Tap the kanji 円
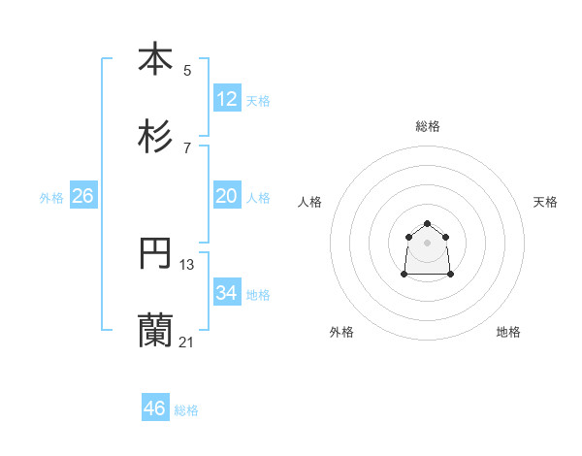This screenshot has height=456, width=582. [155, 254]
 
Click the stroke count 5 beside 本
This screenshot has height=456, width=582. [187, 70]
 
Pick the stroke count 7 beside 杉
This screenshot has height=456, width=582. [187, 148]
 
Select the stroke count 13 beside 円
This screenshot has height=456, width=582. [187, 265]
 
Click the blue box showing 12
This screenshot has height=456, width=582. [227, 99]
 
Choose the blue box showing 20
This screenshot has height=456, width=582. [227, 196]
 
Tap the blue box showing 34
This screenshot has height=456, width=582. [227, 293]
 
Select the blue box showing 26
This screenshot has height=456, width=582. [82, 196]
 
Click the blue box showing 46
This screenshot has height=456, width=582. [155, 408]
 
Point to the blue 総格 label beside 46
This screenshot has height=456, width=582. [186, 410]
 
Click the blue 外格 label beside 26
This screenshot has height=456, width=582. [51, 198]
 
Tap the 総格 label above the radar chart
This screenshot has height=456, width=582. [428, 126]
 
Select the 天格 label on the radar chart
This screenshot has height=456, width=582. [545, 202]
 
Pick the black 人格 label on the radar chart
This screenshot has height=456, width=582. [310, 202]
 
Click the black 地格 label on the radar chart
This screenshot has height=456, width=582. [508, 332]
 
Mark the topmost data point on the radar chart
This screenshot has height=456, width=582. [428, 223]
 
